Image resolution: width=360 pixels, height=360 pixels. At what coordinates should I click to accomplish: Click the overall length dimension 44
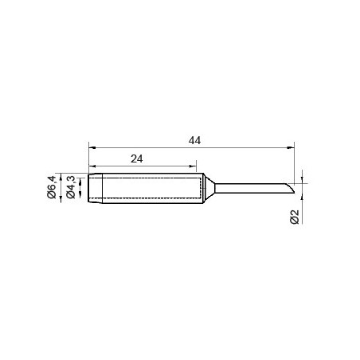point(194,140)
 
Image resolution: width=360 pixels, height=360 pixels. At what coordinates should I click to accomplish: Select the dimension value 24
point(137,158)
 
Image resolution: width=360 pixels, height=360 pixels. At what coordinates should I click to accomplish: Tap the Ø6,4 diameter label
point(52,187)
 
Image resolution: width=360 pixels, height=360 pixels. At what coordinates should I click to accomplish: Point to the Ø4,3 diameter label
point(71,187)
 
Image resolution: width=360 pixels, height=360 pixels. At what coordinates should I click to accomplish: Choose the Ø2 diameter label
point(295,217)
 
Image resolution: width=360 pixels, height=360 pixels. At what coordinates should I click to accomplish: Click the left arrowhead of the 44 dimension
point(92,147)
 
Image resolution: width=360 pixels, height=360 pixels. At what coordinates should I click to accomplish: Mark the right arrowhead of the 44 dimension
point(291,147)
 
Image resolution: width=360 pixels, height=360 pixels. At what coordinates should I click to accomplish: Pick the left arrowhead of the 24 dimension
point(92,166)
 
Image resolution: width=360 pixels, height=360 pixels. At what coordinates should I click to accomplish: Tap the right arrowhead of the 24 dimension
point(193,166)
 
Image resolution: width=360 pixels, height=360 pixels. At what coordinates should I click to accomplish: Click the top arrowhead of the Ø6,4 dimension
point(61,177)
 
